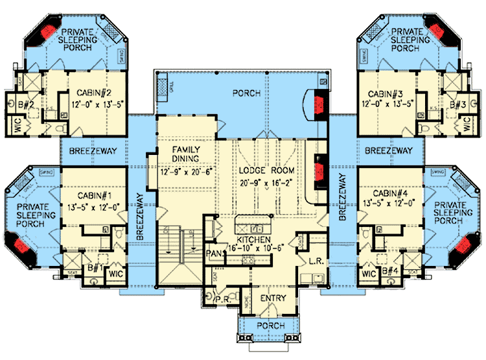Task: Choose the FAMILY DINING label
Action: pos(185,155)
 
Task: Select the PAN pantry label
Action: pos(213,252)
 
